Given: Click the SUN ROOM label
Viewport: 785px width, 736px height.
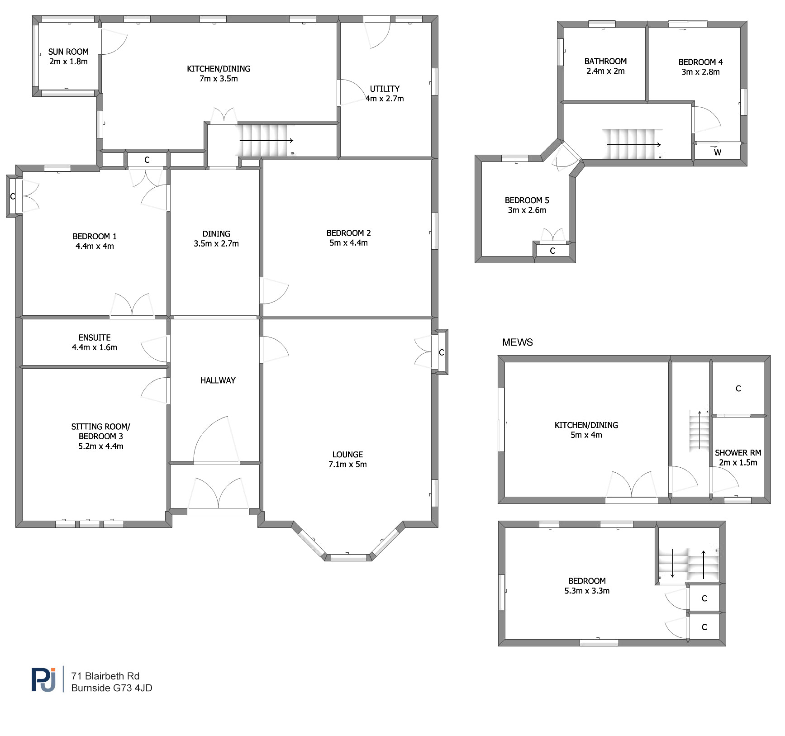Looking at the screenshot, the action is [x=68, y=52].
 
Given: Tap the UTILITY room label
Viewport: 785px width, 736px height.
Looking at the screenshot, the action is [x=385, y=89].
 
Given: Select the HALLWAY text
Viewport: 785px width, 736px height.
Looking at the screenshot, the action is [x=218, y=380].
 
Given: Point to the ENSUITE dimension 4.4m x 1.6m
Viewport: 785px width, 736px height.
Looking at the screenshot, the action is [x=95, y=347].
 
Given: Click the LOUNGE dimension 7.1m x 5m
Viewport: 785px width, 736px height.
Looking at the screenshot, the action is [x=347, y=465].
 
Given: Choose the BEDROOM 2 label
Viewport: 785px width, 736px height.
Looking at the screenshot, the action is [x=348, y=233].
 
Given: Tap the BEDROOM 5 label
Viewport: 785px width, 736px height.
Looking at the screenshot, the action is [x=527, y=200].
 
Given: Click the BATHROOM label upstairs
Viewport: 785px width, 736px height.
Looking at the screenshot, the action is [x=605, y=61].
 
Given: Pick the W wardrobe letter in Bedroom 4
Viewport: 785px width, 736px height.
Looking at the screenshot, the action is [x=718, y=152].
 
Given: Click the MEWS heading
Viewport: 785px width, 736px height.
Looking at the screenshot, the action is [x=518, y=342].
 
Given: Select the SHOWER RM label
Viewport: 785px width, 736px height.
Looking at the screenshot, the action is [x=738, y=453].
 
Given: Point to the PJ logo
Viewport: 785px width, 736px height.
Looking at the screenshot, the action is [x=44, y=679].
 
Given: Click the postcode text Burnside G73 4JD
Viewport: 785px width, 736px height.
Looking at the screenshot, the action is [x=112, y=688].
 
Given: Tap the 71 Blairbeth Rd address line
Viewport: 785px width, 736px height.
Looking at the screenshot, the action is [x=105, y=676].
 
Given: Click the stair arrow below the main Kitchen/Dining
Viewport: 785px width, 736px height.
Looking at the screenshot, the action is [x=266, y=141].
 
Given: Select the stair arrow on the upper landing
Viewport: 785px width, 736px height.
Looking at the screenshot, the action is [x=634, y=145].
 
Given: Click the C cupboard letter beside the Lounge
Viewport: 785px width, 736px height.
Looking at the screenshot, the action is [x=442, y=352].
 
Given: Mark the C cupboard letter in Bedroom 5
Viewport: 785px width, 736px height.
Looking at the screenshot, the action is [x=552, y=251].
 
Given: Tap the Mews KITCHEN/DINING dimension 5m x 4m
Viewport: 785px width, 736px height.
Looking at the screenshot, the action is [x=586, y=435].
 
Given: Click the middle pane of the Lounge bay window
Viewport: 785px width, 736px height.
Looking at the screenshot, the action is [x=349, y=557].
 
